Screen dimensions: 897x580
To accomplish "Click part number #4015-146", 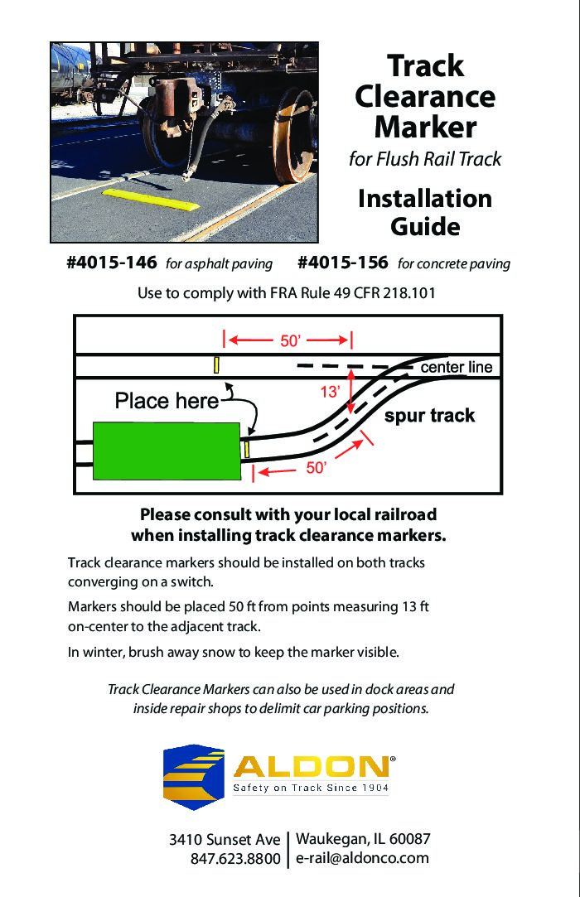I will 112,263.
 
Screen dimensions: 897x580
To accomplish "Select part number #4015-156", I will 342,263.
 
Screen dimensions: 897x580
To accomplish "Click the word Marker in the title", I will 425,128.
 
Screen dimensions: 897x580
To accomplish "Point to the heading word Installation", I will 425,199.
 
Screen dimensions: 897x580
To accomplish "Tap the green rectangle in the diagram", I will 167,449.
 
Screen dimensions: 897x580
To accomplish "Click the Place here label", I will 167,402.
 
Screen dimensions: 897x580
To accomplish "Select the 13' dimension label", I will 331,393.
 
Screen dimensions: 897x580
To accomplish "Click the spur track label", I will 429,416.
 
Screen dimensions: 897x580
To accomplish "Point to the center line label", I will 457,367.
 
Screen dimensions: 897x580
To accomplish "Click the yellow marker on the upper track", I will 216,364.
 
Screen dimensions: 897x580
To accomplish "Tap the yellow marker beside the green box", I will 246,448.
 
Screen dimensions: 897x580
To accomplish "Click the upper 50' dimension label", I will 289,340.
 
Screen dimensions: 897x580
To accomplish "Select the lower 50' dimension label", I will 316,468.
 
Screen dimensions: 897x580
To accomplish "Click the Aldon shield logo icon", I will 193,776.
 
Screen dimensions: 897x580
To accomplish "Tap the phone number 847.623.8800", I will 235,860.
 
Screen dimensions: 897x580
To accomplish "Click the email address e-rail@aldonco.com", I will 362,858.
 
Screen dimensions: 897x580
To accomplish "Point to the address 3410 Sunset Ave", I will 225,840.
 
